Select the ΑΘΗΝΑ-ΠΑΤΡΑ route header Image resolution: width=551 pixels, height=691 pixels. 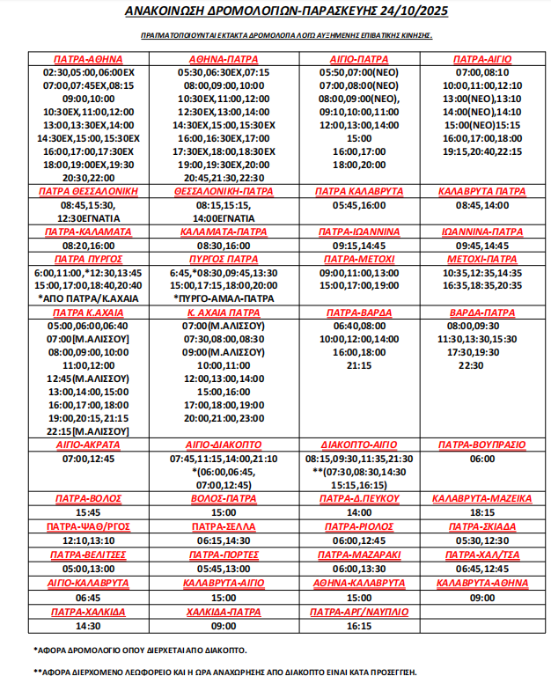click(224, 58)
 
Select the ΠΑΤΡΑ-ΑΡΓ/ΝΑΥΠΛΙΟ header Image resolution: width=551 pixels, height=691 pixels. click(359, 611)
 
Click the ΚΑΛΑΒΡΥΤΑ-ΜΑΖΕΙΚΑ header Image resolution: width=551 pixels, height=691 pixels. click(482, 497)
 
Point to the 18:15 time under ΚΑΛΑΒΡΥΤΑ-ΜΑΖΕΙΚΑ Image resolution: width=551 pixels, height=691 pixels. click(482, 511)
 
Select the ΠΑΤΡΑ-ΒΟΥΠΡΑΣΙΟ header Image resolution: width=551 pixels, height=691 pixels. click(482, 445)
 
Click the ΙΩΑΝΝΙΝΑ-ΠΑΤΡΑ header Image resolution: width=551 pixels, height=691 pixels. click(482, 232)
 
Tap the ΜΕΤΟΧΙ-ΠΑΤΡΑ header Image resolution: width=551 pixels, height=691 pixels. click(482, 259)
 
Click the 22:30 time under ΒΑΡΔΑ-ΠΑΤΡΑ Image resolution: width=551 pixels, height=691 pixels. click(471, 364)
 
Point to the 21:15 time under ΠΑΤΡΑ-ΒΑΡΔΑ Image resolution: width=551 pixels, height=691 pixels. click(359, 364)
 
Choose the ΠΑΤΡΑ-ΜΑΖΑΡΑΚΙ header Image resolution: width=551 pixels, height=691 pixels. click(359, 555)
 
